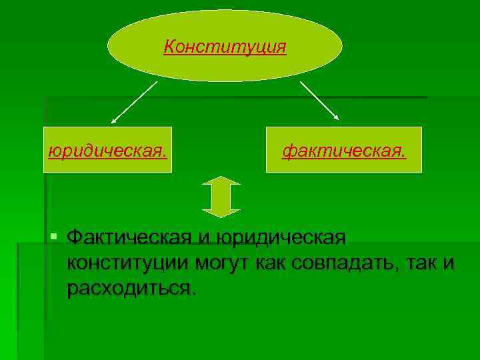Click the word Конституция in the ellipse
point(225,47)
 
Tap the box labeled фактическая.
point(344,149)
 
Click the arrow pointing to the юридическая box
point(133,102)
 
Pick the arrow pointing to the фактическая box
point(319,101)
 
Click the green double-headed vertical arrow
point(221,197)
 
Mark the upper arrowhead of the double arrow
point(221,181)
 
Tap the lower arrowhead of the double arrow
point(221,212)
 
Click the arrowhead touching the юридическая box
point(113,121)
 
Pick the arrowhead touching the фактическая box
point(337,117)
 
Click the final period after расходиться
point(195,293)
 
